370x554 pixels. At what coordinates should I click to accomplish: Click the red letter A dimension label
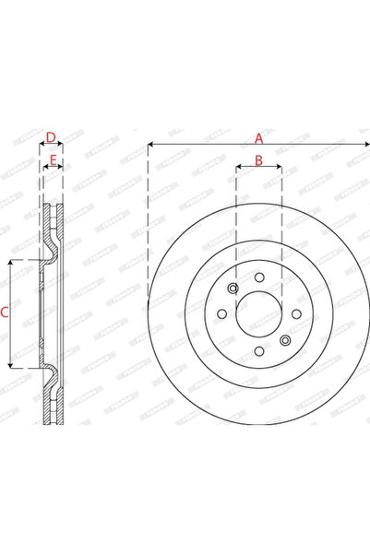click(x=259, y=138)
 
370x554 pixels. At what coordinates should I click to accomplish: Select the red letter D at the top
click(x=52, y=138)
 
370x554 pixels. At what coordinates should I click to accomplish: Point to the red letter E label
click(x=54, y=160)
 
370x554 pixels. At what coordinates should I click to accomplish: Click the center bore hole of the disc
click(x=259, y=315)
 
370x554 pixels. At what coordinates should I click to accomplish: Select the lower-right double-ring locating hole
click(x=285, y=340)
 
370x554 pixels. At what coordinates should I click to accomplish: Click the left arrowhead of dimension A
click(x=150, y=146)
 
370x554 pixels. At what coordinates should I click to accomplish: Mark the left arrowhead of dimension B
click(x=239, y=168)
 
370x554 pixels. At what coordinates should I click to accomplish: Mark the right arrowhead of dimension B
click(x=280, y=168)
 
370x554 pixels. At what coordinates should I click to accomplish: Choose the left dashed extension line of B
click(x=236, y=221)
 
